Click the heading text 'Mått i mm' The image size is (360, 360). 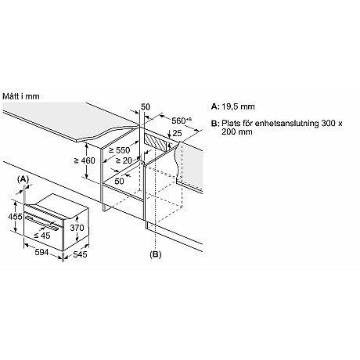click(21, 96)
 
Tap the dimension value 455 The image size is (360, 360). click(15, 216)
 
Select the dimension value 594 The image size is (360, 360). click(41, 252)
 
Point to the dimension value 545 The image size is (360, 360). click(80, 254)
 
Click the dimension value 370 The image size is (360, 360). click(77, 228)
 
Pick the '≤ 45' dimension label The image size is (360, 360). click(42, 236)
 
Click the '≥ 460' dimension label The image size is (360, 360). click(85, 160)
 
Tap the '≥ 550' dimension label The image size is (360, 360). click(119, 150)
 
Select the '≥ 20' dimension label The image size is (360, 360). click(124, 160)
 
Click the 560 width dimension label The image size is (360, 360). click(182, 121)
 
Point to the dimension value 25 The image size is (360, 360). click(177, 133)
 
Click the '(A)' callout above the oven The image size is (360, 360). click(23, 179)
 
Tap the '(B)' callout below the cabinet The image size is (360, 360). click(156, 254)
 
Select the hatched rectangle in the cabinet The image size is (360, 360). click(155, 143)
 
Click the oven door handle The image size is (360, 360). click(42, 222)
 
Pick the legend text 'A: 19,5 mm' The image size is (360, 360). click(232, 106)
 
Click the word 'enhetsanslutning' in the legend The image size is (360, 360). click(286, 123)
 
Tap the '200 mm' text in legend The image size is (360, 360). click(237, 131)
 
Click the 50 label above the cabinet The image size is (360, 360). click(146, 106)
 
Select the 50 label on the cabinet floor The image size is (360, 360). click(119, 181)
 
